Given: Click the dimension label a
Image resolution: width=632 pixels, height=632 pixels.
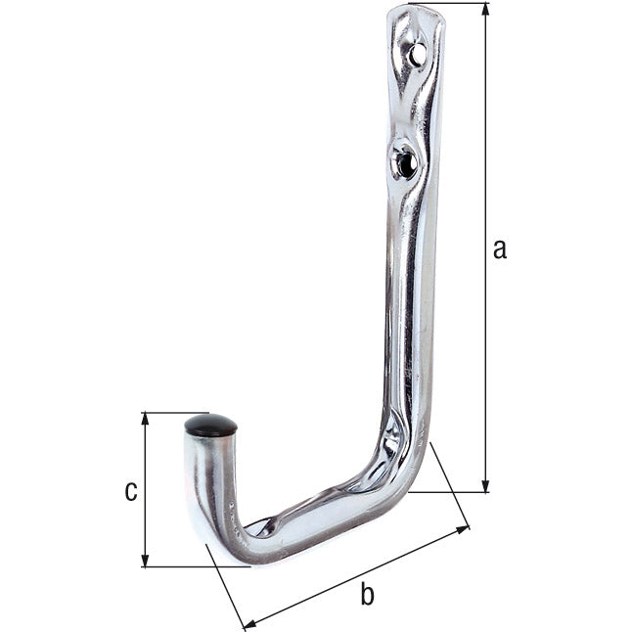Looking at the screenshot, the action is pyautogui.click(x=500, y=248).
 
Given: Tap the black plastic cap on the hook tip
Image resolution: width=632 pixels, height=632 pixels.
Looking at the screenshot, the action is pyautogui.click(x=210, y=426).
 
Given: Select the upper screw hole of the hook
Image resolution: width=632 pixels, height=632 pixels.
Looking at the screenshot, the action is pyautogui.click(x=418, y=53).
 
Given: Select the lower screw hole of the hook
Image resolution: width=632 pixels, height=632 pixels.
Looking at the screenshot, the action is pyautogui.click(x=406, y=162).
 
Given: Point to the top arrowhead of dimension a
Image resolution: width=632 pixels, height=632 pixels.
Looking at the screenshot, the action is pyautogui.click(x=485, y=10).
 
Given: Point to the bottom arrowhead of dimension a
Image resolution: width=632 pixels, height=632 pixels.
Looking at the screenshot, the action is pyautogui.click(x=485, y=485).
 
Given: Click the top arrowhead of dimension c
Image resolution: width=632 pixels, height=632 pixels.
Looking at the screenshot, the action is pyautogui.click(x=145, y=420).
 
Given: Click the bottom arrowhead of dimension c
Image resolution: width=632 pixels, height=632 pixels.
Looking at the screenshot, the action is pyautogui.click(x=145, y=560).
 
